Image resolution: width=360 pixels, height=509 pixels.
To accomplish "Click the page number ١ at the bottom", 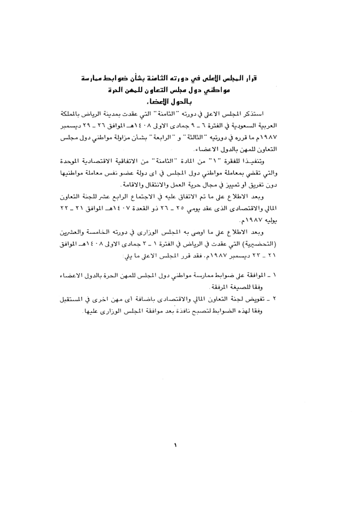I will point(175,444).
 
